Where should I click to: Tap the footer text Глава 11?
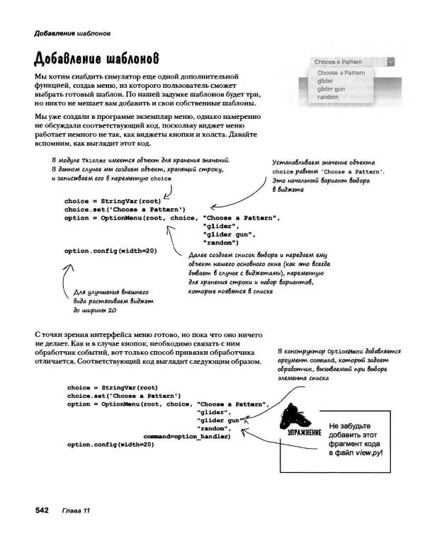click(x=76, y=510)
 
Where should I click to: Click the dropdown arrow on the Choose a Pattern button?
click(x=391, y=62)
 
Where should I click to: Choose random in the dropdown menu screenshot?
click(x=328, y=97)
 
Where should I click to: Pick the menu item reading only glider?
click(x=324, y=81)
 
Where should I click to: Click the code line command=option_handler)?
click(x=187, y=436)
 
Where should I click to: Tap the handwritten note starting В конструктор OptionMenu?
click(x=340, y=364)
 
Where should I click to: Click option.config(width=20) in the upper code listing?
click(x=110, y=251)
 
